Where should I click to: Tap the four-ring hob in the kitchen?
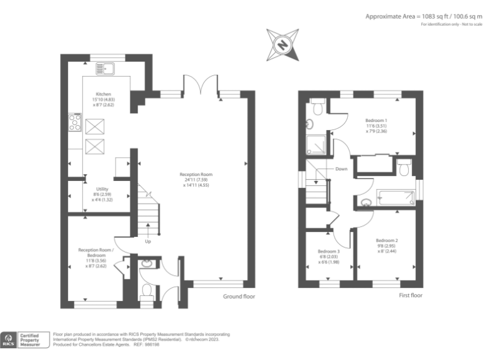pos(75,122)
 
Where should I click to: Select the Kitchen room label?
pos(103,94)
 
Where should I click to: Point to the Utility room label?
pos(103,189)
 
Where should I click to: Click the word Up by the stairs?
pos(148,241)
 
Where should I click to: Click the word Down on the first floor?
pos(341,169)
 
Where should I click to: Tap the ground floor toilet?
pos(147,291)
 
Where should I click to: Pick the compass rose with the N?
pos(282,44)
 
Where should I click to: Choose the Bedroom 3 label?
pos(328,251)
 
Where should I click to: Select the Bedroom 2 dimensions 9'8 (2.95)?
pos(387,246)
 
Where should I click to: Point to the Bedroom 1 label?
pos(376,120)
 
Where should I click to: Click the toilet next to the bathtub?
pos(404,167)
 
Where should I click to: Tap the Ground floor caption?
pos(239,297)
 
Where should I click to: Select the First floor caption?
pos(411,295)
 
